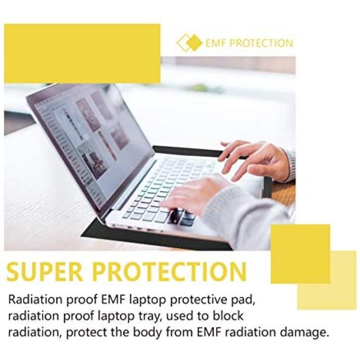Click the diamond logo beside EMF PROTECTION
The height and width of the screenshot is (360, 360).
189,42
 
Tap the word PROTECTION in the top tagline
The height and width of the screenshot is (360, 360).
261,43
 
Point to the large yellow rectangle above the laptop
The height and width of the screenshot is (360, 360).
82,53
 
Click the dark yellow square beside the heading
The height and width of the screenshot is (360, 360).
300,254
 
